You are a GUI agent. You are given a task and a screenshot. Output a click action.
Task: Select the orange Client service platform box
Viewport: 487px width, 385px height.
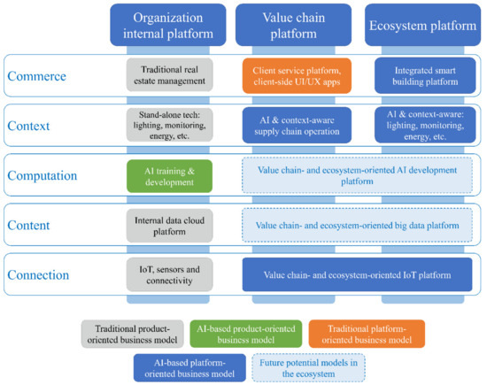point(296,75)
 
